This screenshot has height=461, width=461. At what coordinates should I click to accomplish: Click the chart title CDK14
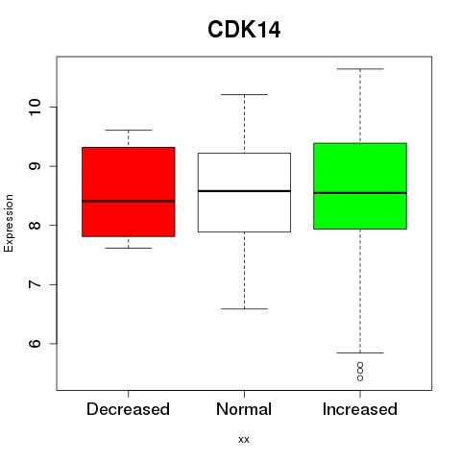point(244,30)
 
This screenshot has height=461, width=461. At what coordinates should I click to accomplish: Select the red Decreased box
point(129,192)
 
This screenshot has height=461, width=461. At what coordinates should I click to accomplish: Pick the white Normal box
point(244,192)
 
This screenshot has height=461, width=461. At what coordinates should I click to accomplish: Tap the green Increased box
point(360,186)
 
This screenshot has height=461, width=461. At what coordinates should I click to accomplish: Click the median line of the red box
point(129,201)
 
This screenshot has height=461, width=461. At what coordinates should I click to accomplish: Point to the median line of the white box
point(244,191)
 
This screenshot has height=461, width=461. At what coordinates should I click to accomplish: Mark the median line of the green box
point(360,193)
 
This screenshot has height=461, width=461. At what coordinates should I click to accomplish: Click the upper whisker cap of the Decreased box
point(129,130)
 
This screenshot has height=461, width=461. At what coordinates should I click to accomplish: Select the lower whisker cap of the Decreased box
point(129,248)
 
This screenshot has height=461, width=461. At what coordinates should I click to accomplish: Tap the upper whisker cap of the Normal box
point(244,94)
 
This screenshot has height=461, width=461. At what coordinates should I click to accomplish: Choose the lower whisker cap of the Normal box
point(244,308)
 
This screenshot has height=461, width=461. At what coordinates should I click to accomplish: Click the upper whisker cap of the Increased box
point(360,69)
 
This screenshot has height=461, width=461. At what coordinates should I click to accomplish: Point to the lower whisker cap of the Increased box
point(360,352)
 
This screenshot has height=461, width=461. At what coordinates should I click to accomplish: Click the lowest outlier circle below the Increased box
point(360,378)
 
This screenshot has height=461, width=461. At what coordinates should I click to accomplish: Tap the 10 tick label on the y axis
point(35,108)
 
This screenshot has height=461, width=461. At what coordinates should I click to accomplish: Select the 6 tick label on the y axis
point(35,344)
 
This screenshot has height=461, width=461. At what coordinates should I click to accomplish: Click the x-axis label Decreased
point(128,409)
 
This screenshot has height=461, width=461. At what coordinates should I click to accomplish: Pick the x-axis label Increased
point(360,409)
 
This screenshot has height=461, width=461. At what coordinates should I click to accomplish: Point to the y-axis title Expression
point(9,223)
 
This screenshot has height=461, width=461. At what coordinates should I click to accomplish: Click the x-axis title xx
point(244,440)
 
